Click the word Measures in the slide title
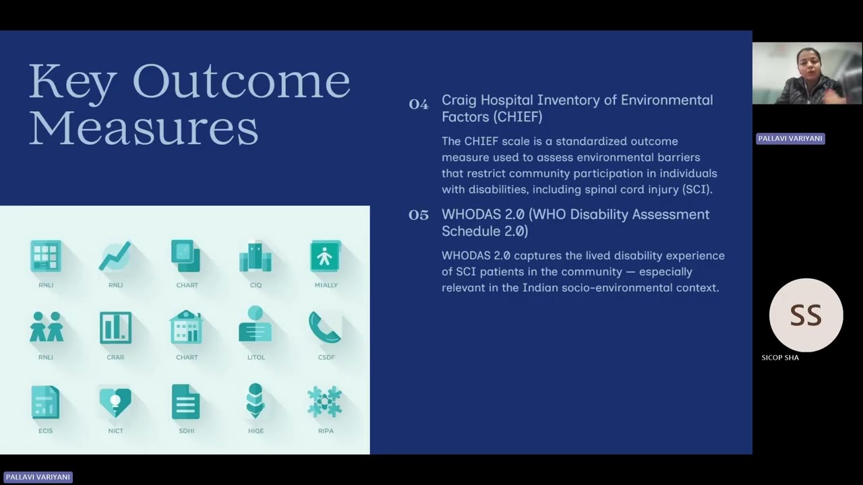pyautogui.click(x=143, y=128)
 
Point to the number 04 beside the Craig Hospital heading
pyautogui.click(x=419, y=104)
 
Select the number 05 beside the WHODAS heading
pyautogui.click(x=419, y=215)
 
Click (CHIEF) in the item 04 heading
pyautogui.click(x=517, y=117)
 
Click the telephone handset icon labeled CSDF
pyautogui.click(x=325, y=327)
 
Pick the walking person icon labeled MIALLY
pyautogui.click(x=326, y=257)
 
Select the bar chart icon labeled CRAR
pyautogui.click(x=115, y=328)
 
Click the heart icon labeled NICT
pyautogui.click(x=115, y=401)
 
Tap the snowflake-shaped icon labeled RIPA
pyautogui.click(x=325, y=402)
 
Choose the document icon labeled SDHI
pyautogui.click(x=185, y=401)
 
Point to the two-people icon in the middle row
pyautogui.click(x=47, y=328)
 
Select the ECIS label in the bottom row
pyautogui.click(x=46, y=431)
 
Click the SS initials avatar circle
pyautogui.click(x=806, y=315)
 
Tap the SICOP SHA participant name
pyautogui.click(x=780, y=358)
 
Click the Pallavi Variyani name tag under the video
pyautogui.click(x=790, y=138)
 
